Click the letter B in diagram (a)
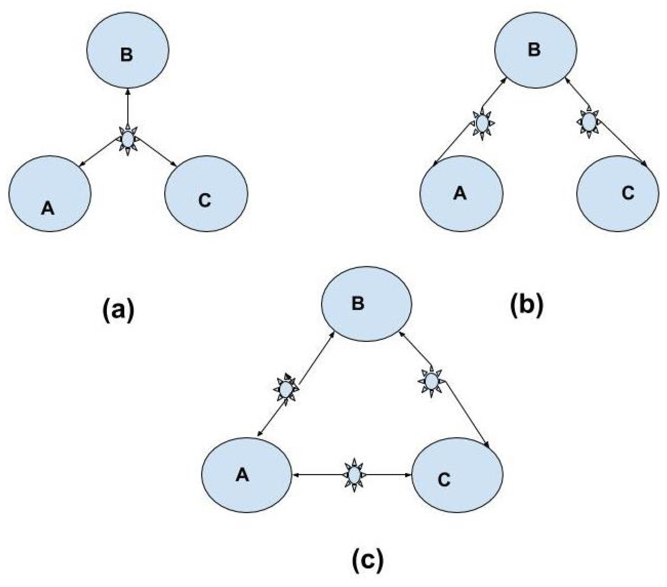pos(127,54)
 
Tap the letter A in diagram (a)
pos(48,208)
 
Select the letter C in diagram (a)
pos(204,200)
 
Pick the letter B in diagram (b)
pos(534,50)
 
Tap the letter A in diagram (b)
pos(460,193)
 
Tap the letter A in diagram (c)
pos(242,475)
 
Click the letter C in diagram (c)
pos(444,480)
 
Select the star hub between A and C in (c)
pos(354,474)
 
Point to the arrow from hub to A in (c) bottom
pos(318,475)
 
